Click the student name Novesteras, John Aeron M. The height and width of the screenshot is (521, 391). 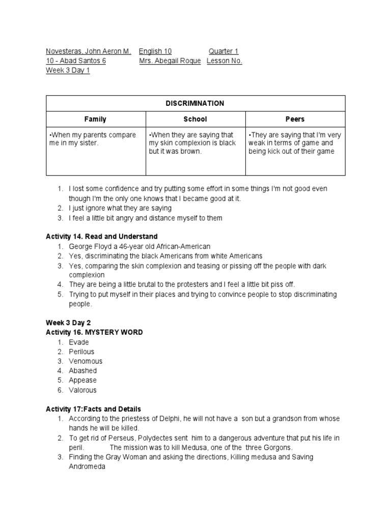pyautogui.click(x=89, y=51)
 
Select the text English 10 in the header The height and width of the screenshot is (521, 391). pyautogui.click(x=155, y=51)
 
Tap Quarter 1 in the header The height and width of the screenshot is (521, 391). pyautogui.click(x=224, y=51)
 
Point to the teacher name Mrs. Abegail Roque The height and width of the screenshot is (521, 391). pyautogui.click(x=170, y=61)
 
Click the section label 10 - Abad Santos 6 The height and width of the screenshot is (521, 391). pyautogui.click(x=76, y=61)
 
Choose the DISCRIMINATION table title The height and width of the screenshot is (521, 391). pyautogui.click(x=195, y=103)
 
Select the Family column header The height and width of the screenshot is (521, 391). pyautogui.click(x=95, y=119)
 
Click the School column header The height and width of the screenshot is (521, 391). pyautogui.click(x=195, y=119)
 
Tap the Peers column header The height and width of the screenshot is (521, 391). pyautogui.click(x=295, y=119)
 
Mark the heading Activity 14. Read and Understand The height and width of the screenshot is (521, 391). pyautogui.click(x=102, y=237)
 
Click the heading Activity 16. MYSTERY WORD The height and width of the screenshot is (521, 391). pyautogui.click(x=94, y=332)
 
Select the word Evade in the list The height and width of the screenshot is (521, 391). pyautogui.click(x=79, y=342)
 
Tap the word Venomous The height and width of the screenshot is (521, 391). pyautogui.click(x=86, y=361)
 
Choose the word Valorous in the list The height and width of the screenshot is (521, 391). pyautogui.click(x=82, y=390)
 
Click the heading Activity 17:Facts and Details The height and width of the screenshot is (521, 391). pyautogui.click(x=93, y=409)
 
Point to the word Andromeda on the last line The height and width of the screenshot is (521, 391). pyautogui.click(x=87, y=467)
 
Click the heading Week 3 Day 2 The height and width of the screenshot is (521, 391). pyautogui.click(x=68, y=323)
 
